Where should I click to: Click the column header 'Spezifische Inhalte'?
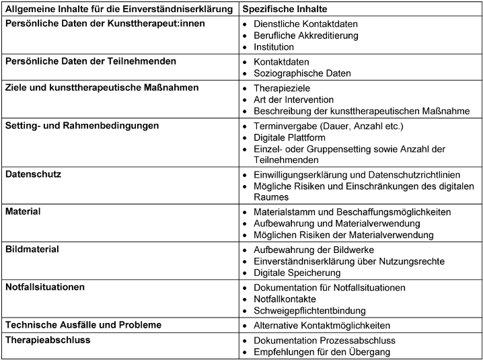284,10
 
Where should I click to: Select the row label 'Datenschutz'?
34,174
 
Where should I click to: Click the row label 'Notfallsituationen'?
45,287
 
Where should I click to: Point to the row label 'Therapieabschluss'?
48,340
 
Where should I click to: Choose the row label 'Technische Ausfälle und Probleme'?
83,324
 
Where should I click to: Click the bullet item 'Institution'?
274,47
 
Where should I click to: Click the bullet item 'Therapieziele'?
282,88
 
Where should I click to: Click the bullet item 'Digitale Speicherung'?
297,273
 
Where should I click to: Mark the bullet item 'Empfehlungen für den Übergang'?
322,352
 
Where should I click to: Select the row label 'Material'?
23,211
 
